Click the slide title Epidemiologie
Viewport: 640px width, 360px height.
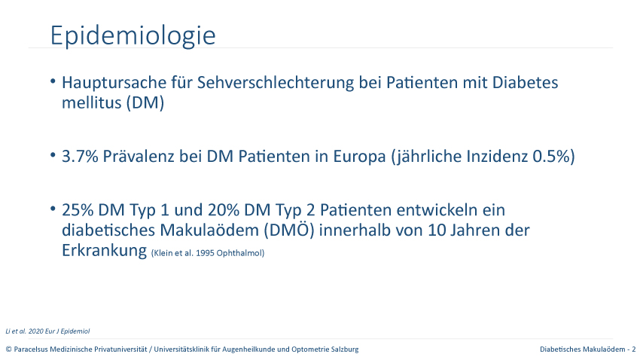[x=133, y=36]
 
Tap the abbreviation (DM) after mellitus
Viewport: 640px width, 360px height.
[x=145, y=102]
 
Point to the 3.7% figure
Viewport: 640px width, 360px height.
[x=80, y=157]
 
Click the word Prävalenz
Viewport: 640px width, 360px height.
[x=139, y=157]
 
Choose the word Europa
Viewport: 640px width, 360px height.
[x=359, y=157]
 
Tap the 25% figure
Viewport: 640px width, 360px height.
[x=78, y=210]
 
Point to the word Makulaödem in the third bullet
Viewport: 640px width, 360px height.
[x=209, y=230]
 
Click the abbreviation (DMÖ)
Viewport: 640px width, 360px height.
[x=289, y=230]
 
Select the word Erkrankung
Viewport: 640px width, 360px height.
[x=104, y=250]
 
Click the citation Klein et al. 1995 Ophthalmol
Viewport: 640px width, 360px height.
[x=208, y=253]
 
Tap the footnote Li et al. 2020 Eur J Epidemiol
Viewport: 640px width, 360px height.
[x=47, y=331]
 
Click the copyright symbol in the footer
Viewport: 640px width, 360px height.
[x=8, y=349]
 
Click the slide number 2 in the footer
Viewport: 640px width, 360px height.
[x=633, y=349]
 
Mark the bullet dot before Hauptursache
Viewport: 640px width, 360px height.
[x=53, y=81]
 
